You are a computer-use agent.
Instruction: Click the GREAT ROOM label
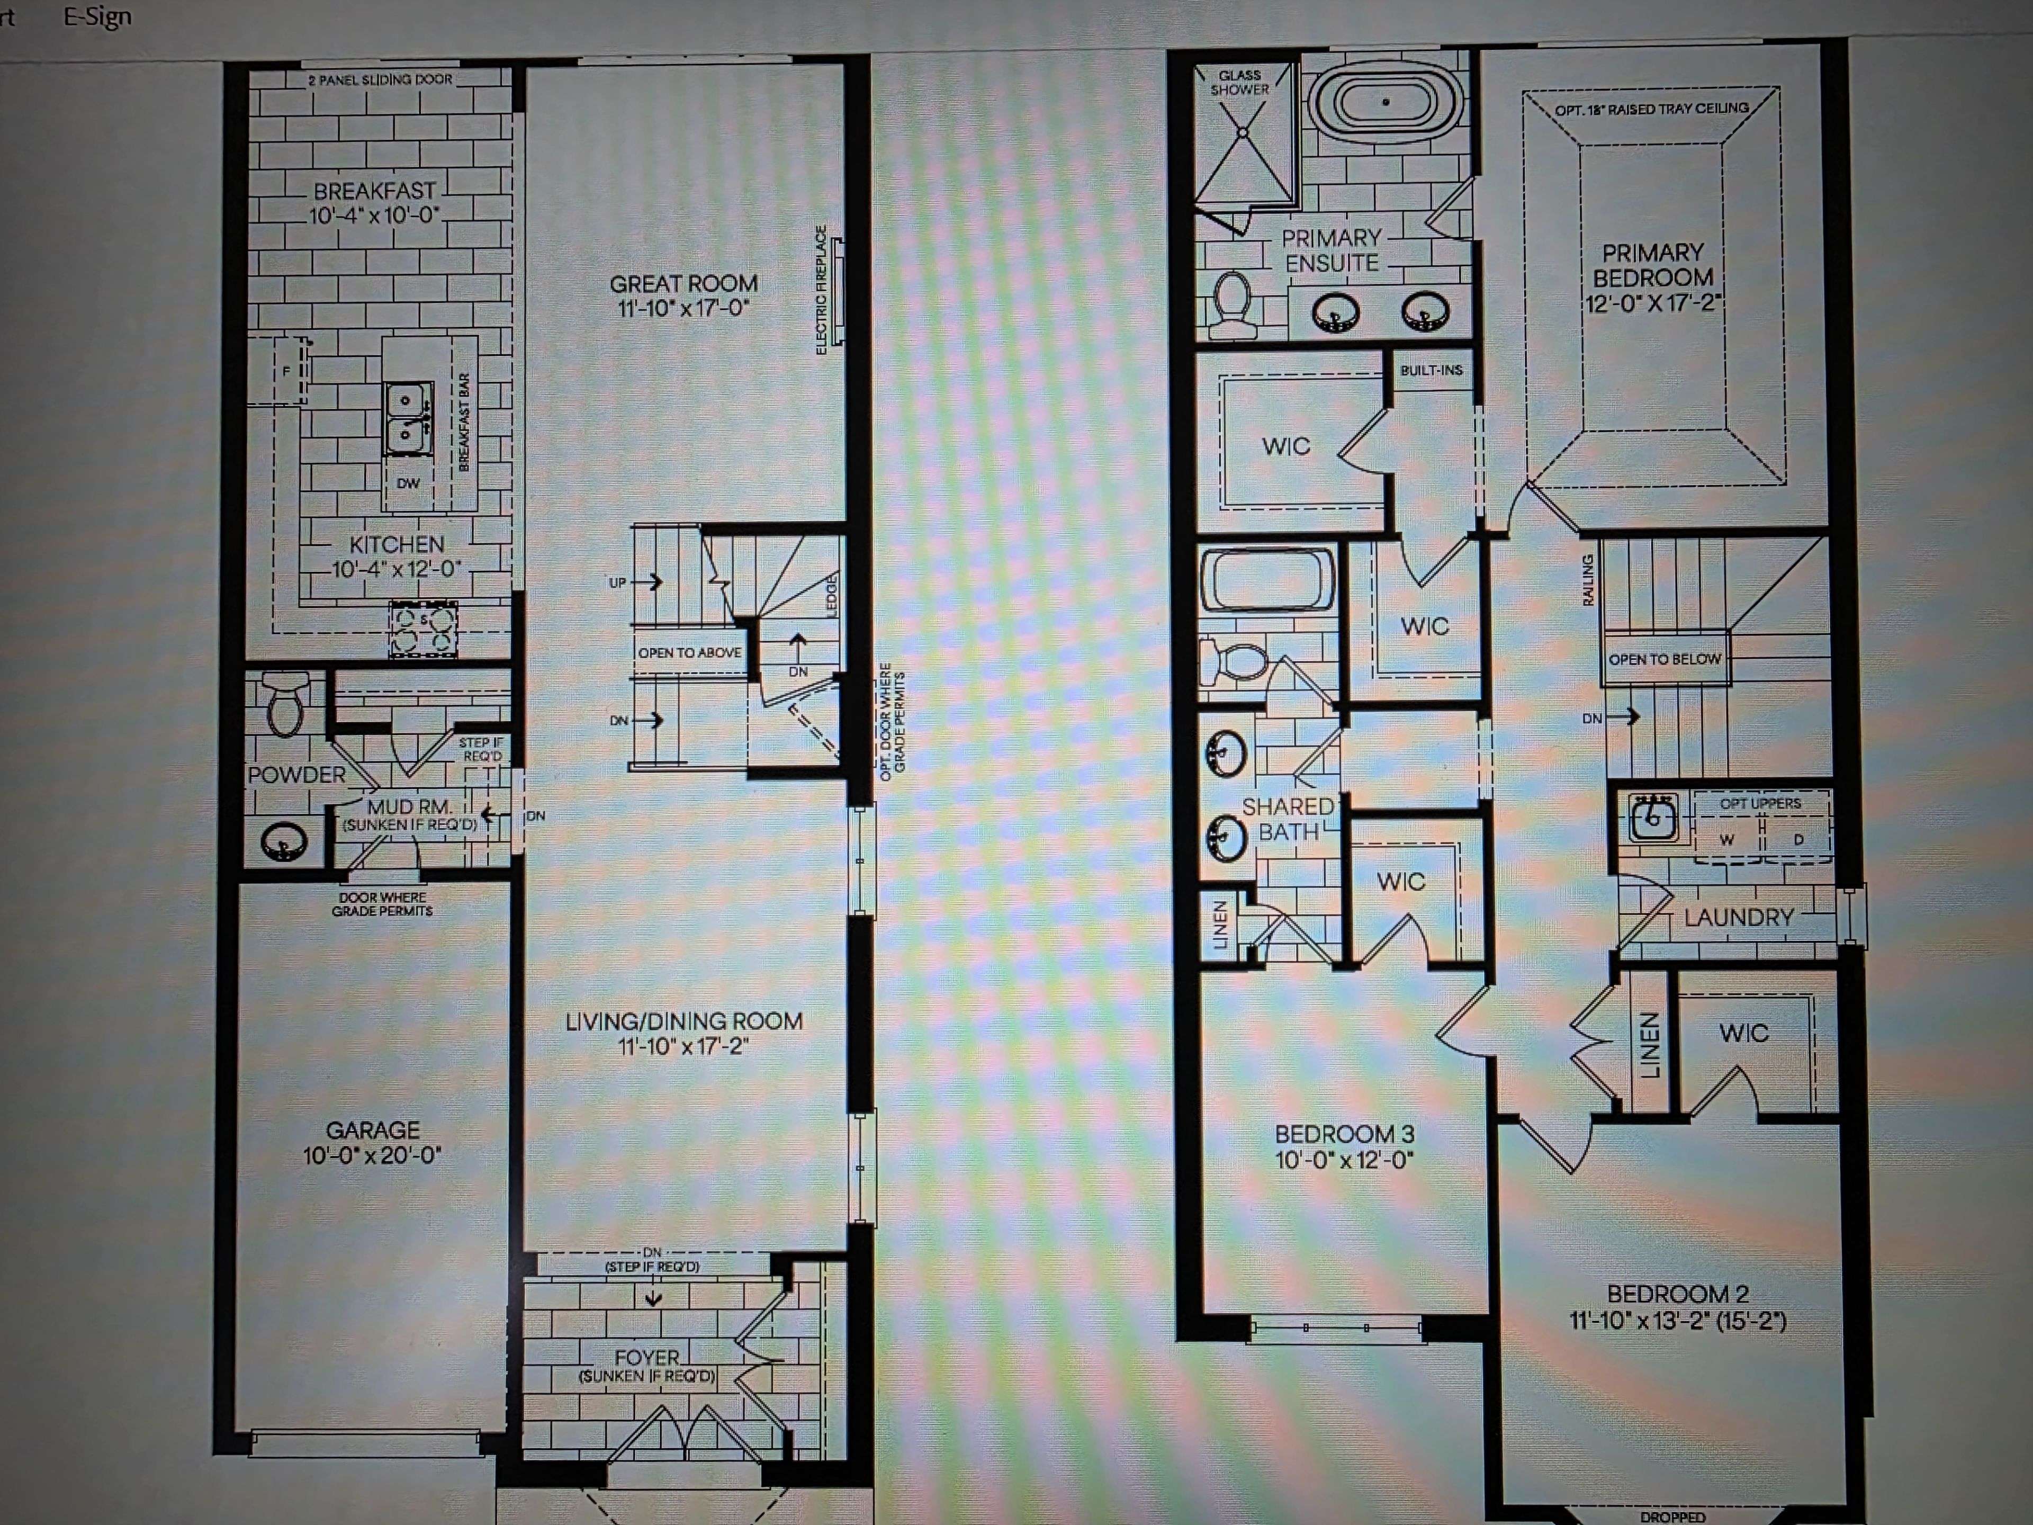click(684, 284)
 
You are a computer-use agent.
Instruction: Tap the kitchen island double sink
click(406, 418)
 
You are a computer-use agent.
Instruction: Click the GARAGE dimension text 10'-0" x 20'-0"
click(372, 1155)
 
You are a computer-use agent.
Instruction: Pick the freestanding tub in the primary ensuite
click(1385, 102)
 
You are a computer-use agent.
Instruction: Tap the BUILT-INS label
click(1431, 371)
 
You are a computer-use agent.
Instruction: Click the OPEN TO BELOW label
click(1665, 659)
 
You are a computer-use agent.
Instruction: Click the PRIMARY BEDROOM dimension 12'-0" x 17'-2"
click(1652, 303)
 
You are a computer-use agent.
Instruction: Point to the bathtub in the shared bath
click(1266, 579)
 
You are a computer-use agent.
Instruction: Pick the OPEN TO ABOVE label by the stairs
click(689, 653)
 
